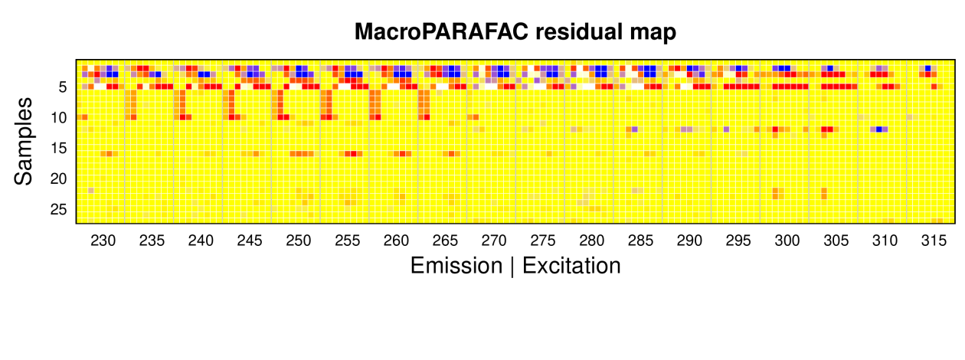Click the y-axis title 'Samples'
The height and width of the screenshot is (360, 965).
[x=23, y=141]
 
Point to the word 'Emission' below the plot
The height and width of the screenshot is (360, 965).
[x=456, y=265]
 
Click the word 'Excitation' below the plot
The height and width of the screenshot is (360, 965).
[x=571, y=265]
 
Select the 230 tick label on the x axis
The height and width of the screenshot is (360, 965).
[x=103, y=241]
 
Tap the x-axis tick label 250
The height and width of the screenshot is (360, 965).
[x=298, y=241]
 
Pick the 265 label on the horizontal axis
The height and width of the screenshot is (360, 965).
[x=445, y=241]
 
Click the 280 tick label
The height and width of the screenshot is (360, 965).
[x=591, y=241]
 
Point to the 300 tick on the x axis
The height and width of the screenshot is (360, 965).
[x=787, y=241]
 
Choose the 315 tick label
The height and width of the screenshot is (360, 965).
[x=934, y=241]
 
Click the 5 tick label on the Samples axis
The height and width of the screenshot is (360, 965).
[x=63, y=87]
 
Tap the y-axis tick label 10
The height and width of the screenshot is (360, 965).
[x=59, y=117]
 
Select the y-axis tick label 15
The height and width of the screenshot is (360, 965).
[x=59, y=149]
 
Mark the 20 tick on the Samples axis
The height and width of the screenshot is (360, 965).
[x=59, y=178]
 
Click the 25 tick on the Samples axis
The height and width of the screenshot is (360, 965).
[x=59, y=210]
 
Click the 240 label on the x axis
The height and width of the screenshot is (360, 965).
[x=201, y=241]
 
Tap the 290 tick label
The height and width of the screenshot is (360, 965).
[x=689, y=241]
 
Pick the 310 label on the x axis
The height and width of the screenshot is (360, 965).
[x=885, y=241]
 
